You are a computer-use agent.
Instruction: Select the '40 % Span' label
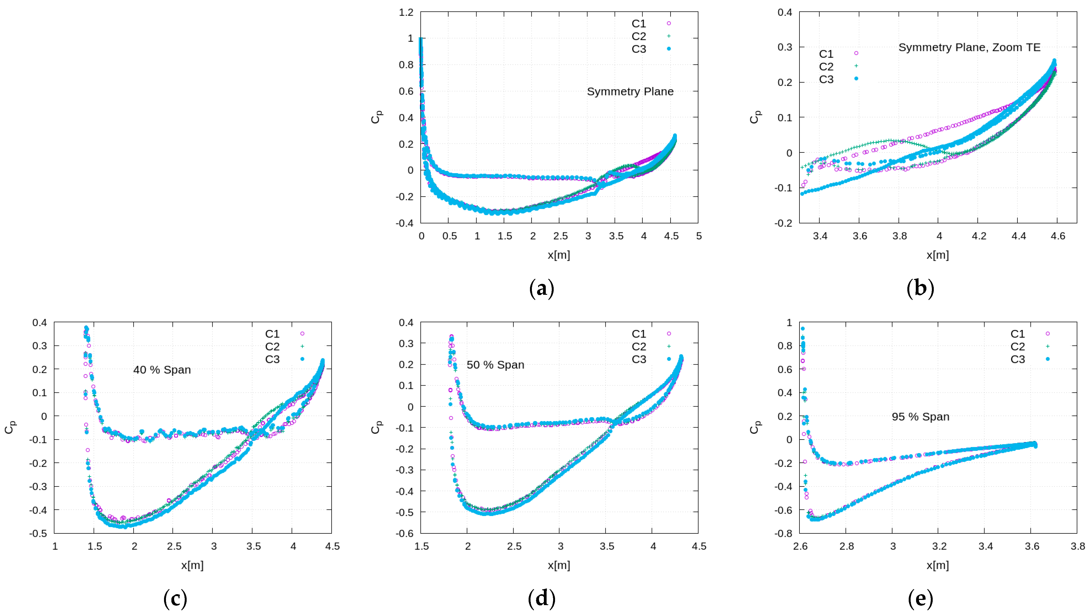coord(162,370)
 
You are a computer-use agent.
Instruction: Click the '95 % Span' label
coord(920,417)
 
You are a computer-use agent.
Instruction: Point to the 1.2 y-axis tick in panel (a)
coord(406,12)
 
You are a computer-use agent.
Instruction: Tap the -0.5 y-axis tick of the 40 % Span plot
coord(38,533)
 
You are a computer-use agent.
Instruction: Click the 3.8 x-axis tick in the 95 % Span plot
coord(1077,546)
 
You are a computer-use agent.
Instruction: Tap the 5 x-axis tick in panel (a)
coord(699,236)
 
